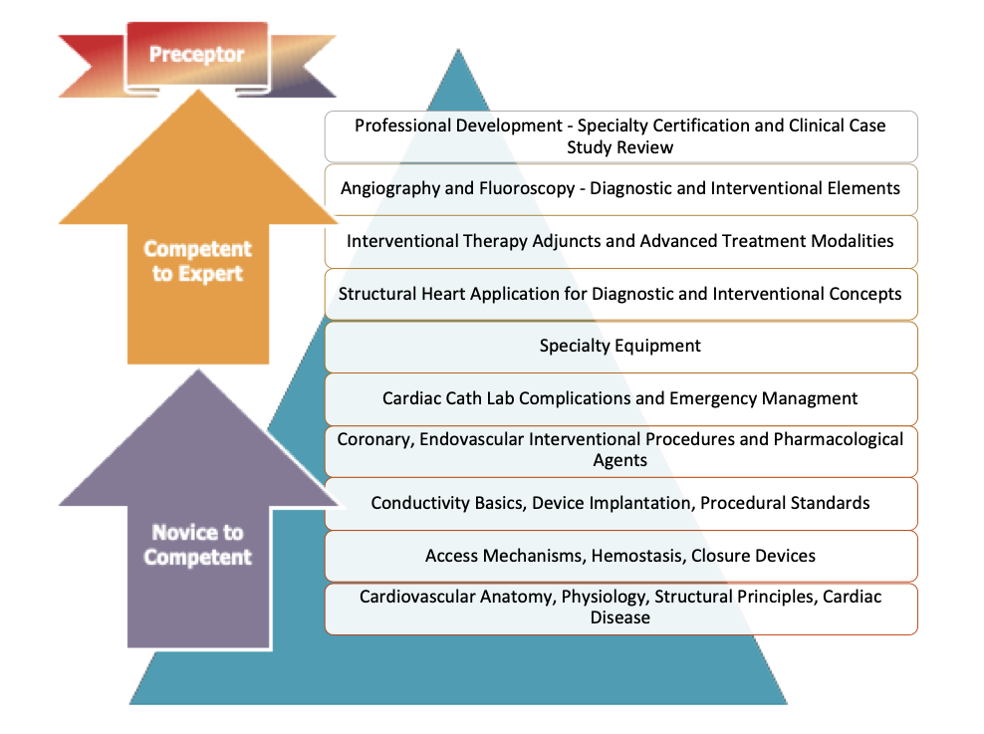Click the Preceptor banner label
(196, 54)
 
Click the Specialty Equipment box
(620, 346)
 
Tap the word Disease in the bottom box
(619, 617)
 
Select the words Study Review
(619, 147)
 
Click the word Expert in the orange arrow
(210, 273)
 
